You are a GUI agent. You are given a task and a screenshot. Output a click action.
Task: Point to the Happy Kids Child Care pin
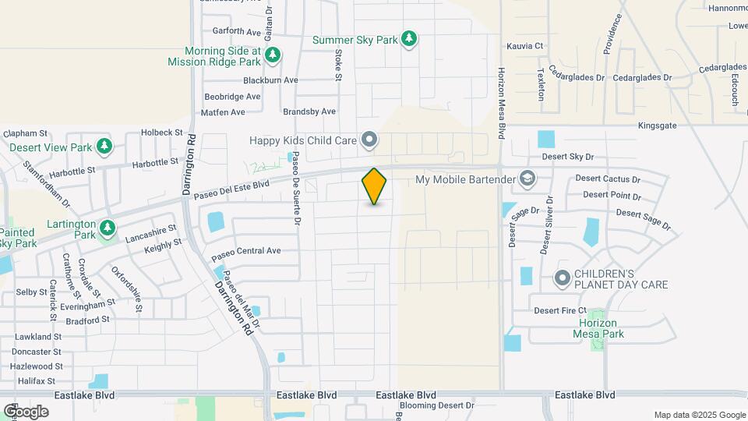pos(370,140)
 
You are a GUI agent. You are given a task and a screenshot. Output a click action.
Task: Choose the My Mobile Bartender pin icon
pos(528,180)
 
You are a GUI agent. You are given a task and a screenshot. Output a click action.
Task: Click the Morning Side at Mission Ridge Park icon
pos(272,55)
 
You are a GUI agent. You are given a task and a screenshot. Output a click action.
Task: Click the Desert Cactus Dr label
pos(608,179)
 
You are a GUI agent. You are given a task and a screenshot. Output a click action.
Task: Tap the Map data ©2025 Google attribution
pos(699,415)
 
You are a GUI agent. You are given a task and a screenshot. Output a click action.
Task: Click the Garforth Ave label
pos(237,32)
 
